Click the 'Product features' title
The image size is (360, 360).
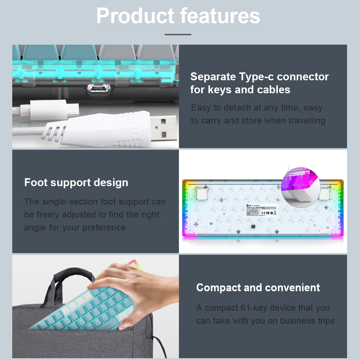(x=178, y=16)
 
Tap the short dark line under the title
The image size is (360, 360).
(x=178, y=35)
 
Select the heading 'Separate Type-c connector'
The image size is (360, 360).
(x=259, y=77)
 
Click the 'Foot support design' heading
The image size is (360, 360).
(x=76, y=183)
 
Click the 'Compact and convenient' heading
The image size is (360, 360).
(x=258, y=288)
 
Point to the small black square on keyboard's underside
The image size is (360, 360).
(x=253, y=227)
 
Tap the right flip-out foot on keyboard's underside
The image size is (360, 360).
(x=323, y=194)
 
